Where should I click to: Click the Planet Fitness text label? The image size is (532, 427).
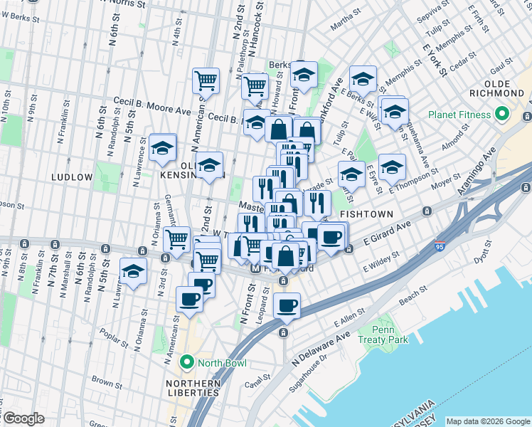459,115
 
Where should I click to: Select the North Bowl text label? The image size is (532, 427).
222,364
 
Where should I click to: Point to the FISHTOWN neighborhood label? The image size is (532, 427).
364,213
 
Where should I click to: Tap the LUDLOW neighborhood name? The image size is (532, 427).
71,176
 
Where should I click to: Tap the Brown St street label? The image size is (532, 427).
103,382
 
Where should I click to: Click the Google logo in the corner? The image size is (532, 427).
23,418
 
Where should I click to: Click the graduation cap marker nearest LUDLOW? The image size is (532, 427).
163,147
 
